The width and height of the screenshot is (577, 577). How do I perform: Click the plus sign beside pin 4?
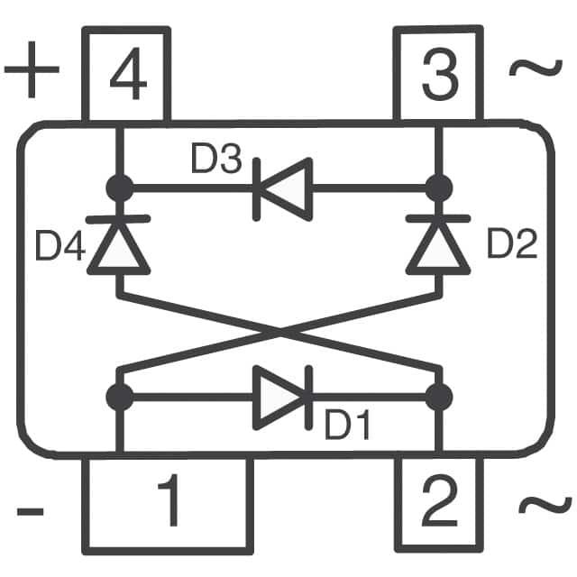pyautogui.click(x=32, y=72)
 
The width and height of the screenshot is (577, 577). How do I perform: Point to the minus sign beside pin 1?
pyautogui.click(x=30, y=511)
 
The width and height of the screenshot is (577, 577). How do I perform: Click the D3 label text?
pyautogui.click(x=215, y=160)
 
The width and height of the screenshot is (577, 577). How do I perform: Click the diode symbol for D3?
pyautogui.click(x=281, y=188)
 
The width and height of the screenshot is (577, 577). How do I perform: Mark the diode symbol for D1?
pyautogui.click(x=282, y=396)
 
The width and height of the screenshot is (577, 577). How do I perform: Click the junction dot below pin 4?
pyautogui.click(x=119, y=188)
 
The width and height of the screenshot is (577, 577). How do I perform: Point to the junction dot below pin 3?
pyautogui.click(x=439, y=188)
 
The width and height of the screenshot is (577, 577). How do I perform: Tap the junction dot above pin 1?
pyautogui.click(x=119, y=396)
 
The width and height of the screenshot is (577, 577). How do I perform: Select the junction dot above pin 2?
pyautogui.click(x=439, y=396)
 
